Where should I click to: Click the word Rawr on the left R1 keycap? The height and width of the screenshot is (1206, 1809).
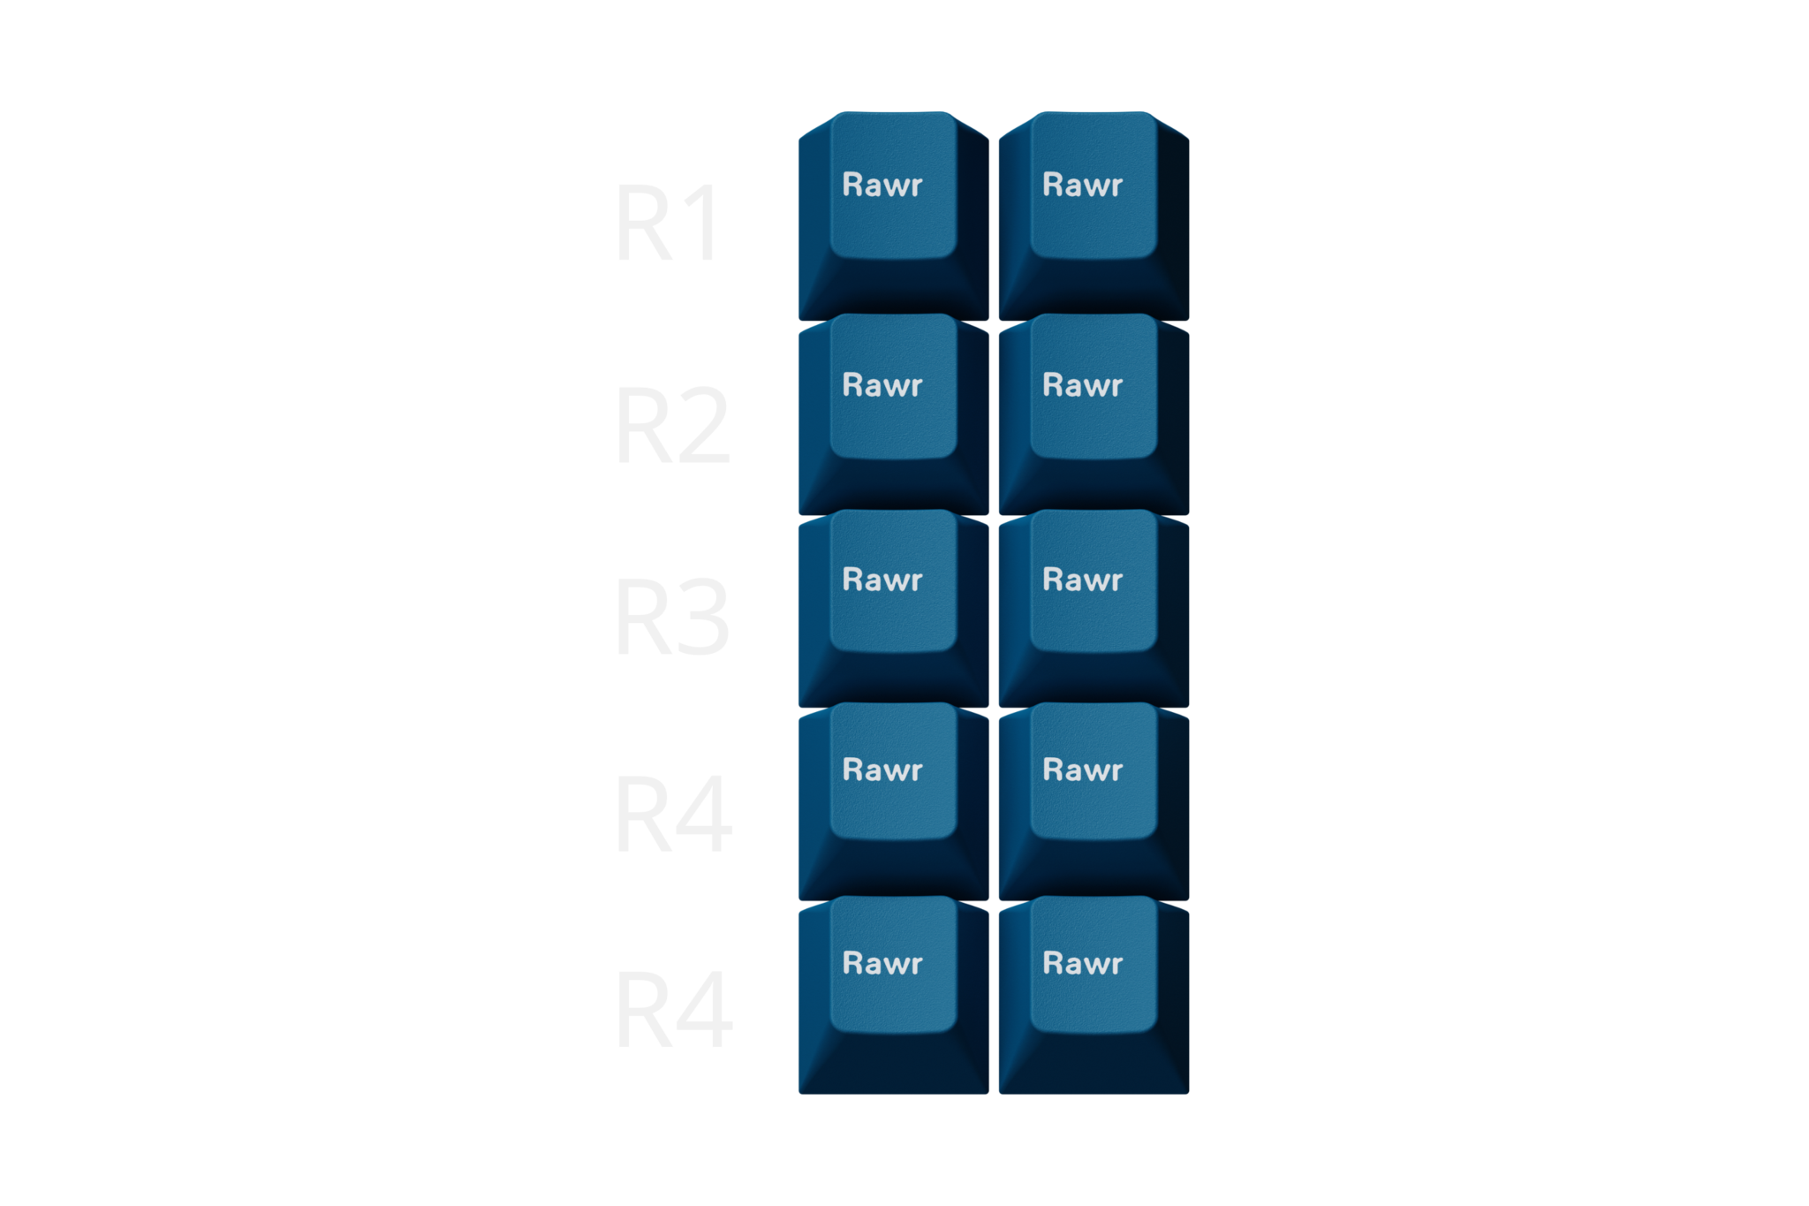(x=882, y=186)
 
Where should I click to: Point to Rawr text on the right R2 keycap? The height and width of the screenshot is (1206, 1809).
(x=1082, y=385)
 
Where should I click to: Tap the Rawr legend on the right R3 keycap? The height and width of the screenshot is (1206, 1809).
(x=1082, y=580)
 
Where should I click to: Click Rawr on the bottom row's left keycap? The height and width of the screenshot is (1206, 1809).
(x=882, y=963)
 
